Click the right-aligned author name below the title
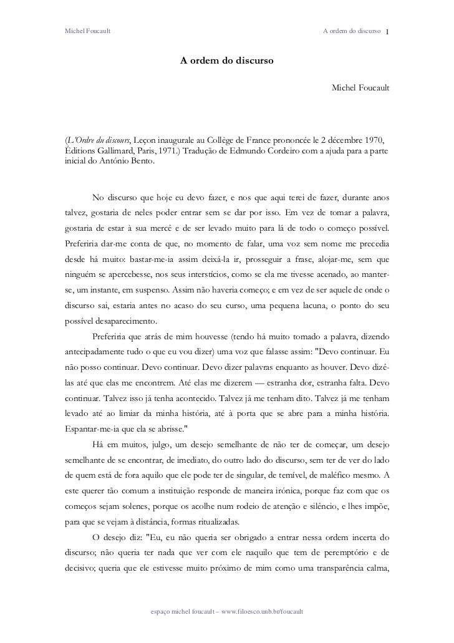[361, 92]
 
